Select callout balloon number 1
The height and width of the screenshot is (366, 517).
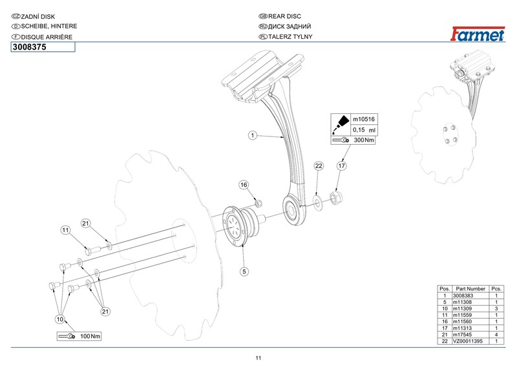(x=253, y=136)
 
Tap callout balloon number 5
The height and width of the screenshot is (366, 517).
(x=244, y=272)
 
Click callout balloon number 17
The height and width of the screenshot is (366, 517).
(x=343, y=166)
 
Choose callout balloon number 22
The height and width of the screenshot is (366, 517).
(x=319, y=166)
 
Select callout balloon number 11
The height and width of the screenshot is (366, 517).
(x=66, y=230)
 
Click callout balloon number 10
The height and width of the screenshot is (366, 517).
(x=60, y=319)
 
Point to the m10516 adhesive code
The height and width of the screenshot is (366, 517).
(x=364, y=120)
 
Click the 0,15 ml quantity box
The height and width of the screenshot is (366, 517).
(x=364, y=130)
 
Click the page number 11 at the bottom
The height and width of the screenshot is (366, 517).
(x=258, y=359)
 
